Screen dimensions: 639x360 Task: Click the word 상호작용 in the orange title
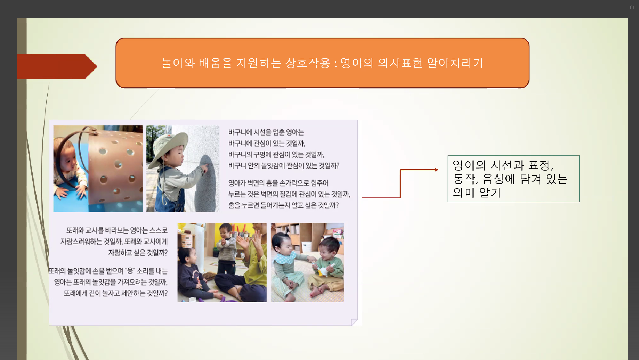pyautogui.click(x=307, y=63)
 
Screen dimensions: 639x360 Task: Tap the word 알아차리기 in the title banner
pyautogui.click(x=455, y=63)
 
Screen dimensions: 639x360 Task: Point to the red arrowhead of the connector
pyautogui.click(x=437, y=170)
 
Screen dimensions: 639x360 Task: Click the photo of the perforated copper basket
pyautogui.click(x=98, y=169)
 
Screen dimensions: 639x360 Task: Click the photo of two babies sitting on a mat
pyautogui.click(x=307, y=262)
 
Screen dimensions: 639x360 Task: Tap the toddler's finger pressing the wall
pyautogui.click(x=205, y=167)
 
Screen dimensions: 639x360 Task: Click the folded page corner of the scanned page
pyautogui.click(x=354, y=322)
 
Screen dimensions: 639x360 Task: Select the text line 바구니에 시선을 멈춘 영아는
pyautogui.click(x=266, y=132)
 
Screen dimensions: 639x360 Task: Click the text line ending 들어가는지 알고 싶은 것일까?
pyautogui.click(x=283, y=205)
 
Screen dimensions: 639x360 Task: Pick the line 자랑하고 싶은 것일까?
pyautogui.click(x=138, y=253)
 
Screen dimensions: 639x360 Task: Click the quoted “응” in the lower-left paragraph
pyautogui.click(x=130, y=271)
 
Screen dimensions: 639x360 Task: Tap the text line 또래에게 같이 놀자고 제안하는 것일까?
pyautogui.click(x=115, y=293)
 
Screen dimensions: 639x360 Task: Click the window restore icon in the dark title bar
pyautogui.click(x=632, y=7)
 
